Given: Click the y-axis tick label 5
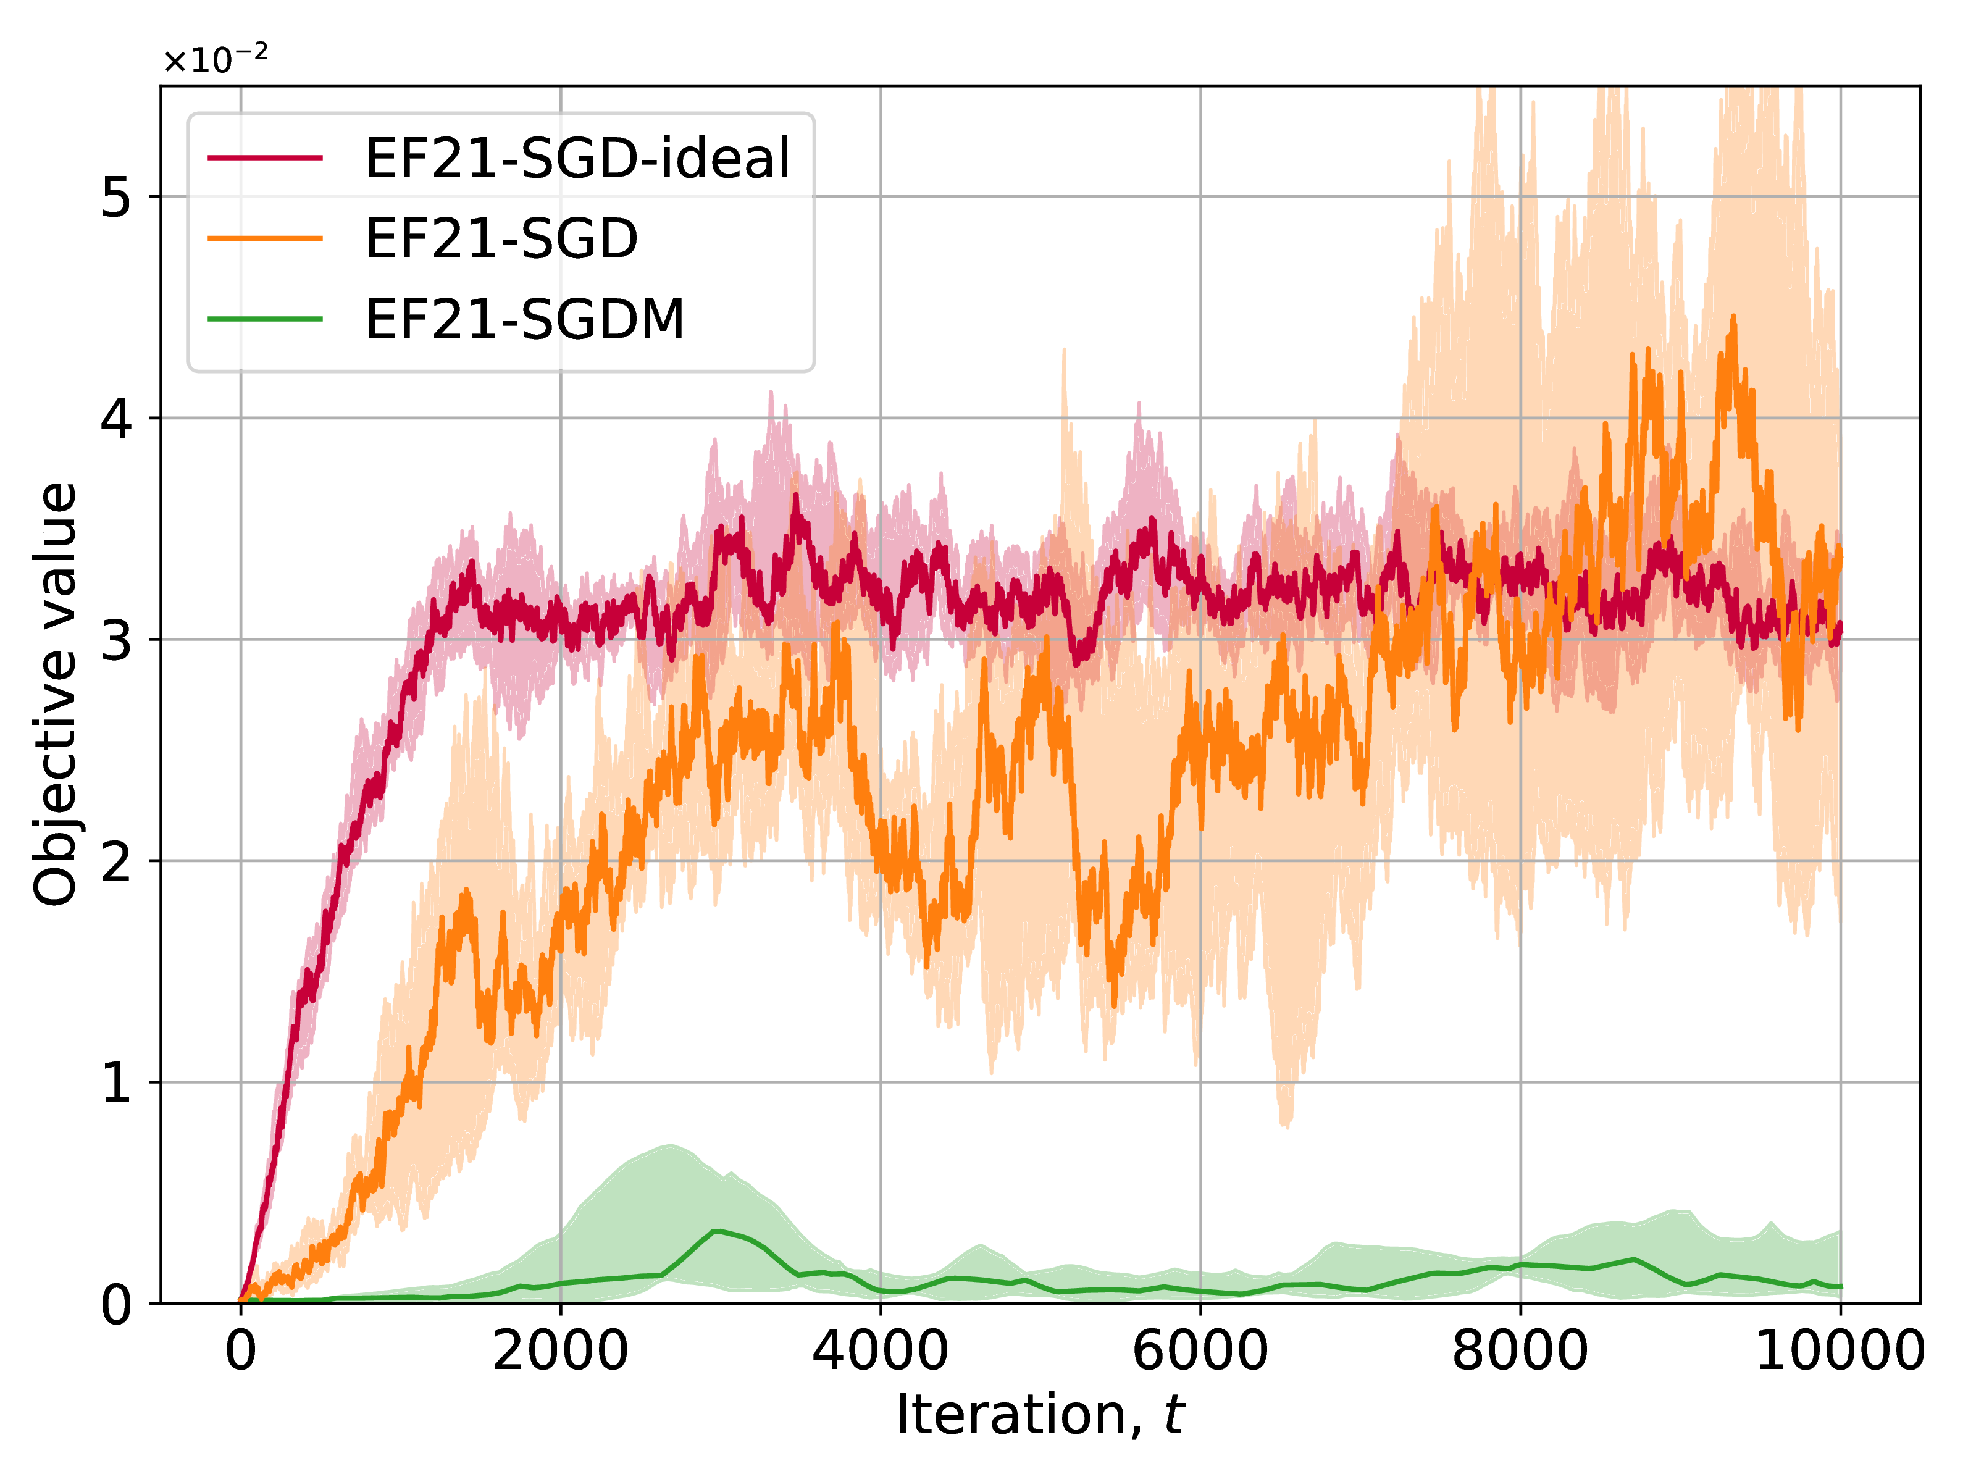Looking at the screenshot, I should (x=116, y=196).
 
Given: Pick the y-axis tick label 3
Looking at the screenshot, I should (x=116, y=640).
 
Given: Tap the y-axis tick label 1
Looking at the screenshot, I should (x=116, y=1082).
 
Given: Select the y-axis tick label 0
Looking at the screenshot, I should (x=116, y=1304).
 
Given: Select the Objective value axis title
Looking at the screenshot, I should (x=56, y=694).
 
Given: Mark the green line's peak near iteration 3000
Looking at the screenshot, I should (x=716, y=1230).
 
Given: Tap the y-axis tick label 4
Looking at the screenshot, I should (x=116, y=418).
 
